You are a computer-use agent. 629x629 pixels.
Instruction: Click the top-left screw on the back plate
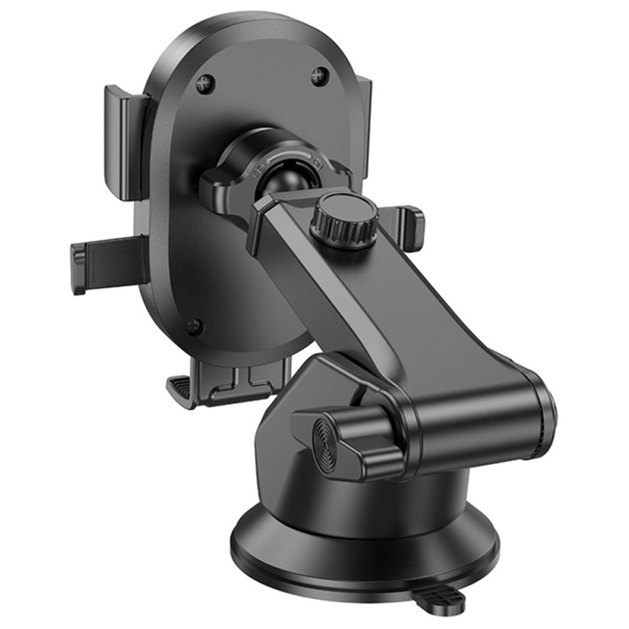(x=204, y=84)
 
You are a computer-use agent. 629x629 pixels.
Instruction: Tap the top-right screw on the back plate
(x=320, y=77)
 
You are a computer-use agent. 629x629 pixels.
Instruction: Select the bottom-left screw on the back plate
(x=194, y=326)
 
